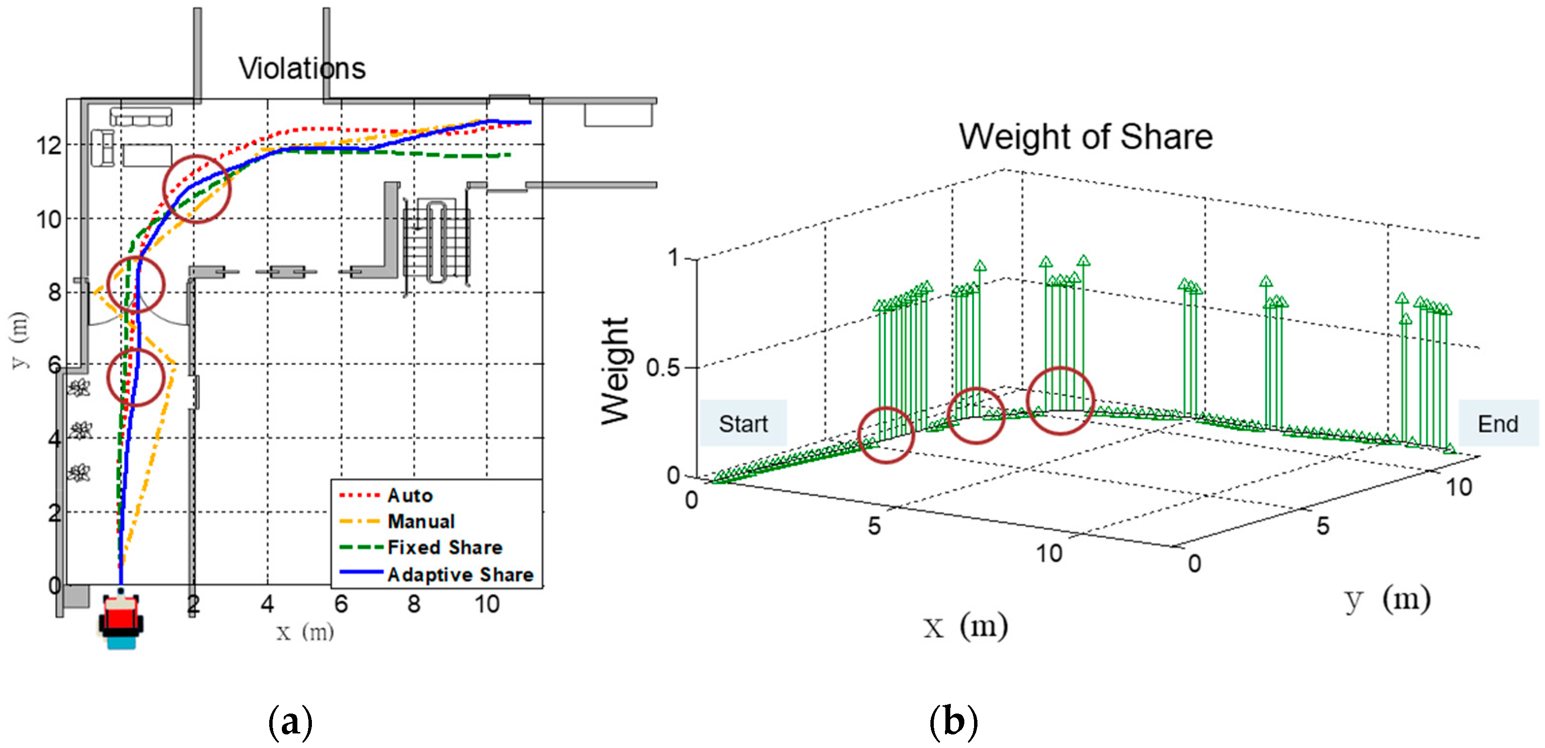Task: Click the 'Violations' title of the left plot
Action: click(302, 68)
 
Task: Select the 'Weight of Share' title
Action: click(1085, 137)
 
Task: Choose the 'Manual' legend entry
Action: click(421, 521)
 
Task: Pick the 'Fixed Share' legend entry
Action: click(444, 547)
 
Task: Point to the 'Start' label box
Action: click(743, 423)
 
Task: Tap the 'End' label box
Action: click(1497, 423)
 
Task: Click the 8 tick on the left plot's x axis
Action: click(414, 604)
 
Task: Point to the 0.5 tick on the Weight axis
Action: click(663, 367)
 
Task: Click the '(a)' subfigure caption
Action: click(290, 722)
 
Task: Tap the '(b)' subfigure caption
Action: click(953, 722)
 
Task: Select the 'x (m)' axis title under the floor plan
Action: click(305, 631)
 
